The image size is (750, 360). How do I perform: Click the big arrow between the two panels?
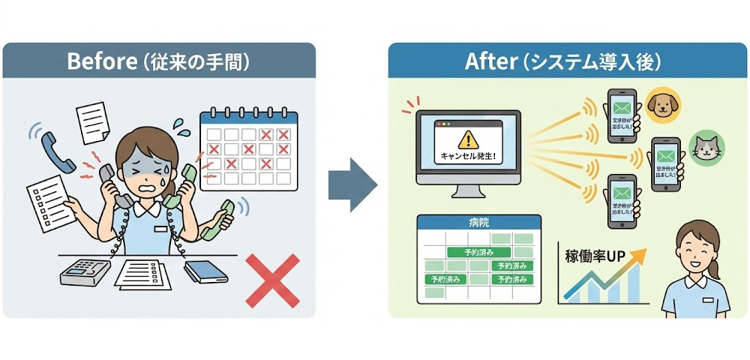click(352, 184)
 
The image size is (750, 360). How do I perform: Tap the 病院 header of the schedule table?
click(478, 223)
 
